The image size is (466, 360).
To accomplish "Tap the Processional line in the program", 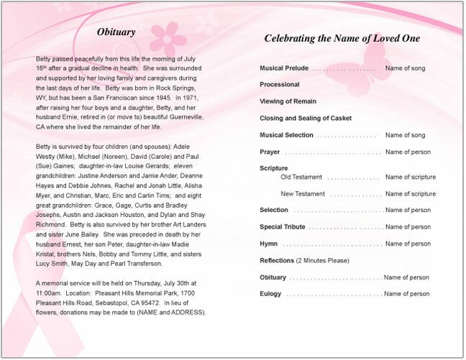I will tap(280, 84).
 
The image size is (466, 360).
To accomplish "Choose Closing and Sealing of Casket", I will tap(306, 118).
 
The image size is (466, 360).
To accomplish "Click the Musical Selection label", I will tap(286, 135).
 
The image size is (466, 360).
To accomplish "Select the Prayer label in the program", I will tap(270, 152).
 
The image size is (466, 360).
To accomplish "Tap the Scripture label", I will tap(273, 168).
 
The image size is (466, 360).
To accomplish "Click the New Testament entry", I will tap(302, 194).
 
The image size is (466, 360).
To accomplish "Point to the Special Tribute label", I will tap(283, 227).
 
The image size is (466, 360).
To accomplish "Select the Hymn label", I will tap(269, 244).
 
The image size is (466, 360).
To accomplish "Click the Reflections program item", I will tap(277, 260).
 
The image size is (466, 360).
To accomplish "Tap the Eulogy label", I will tap(270, 294).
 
